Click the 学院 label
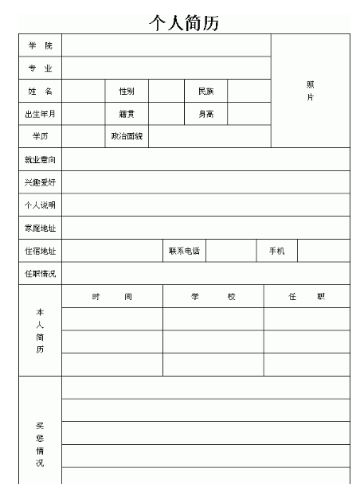pyautogui.click(x=40, y=45)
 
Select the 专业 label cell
pyautogui.click(x=40, y=68)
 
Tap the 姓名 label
pyautogui.click(x=40, y=92)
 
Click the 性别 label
pyautogui.click(x=127, y=92)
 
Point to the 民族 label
pyautogui.click(x=205, y=92)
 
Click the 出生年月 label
pyautogui.click(x=40, y=114)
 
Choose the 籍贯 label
pyautogui.click(x=127, y=114)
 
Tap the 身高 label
pyautogui.click(x=205, y=114)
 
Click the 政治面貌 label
pyautogui.click(x=127, y=136)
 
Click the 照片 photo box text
pyautogui.click(x=310, y=91)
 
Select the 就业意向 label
pyautogui.click(x=40, y=160)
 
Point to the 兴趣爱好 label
pyautogui.click(x=40, y=182)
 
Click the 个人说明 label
pyautogui.click(x=40, y=205)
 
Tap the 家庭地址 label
pyautogui.click(x=40, y=228)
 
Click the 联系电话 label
pyautogui.click(x=184, y=252)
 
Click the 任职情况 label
pyautogui.click(x=40, y=275)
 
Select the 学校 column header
pyautogui.click(x=213, y=297)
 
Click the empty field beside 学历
pyautogui.click(x=84, y=136)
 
